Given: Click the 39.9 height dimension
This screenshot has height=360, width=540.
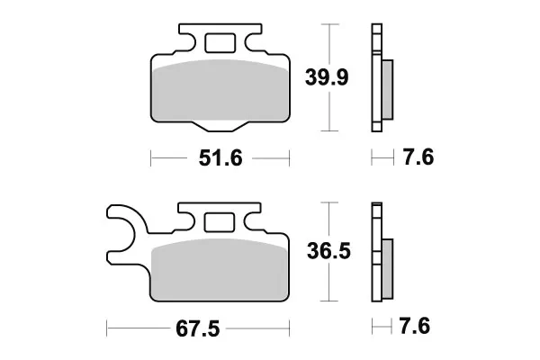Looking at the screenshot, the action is (x=327, y=77).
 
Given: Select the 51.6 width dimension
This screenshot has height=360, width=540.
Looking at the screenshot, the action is (x=220, y=158).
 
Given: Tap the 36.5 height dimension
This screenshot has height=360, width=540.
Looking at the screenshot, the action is (x=328, y=251).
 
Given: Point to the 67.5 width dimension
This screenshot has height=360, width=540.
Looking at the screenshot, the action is (x=197, y=328).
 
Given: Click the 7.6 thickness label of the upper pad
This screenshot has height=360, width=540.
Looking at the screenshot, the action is (x=418, y=157).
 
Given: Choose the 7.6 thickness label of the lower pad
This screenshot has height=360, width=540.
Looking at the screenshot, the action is (x=415, y=326).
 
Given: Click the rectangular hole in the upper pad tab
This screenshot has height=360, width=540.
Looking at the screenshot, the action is (x=220, y=43).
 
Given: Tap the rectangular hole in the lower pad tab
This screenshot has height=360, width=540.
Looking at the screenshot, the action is (x=220, y=222).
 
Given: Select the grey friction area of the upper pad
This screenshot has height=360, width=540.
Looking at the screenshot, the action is (x=220, y=90).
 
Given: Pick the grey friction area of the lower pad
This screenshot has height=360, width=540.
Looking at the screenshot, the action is (x=220, y=269).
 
